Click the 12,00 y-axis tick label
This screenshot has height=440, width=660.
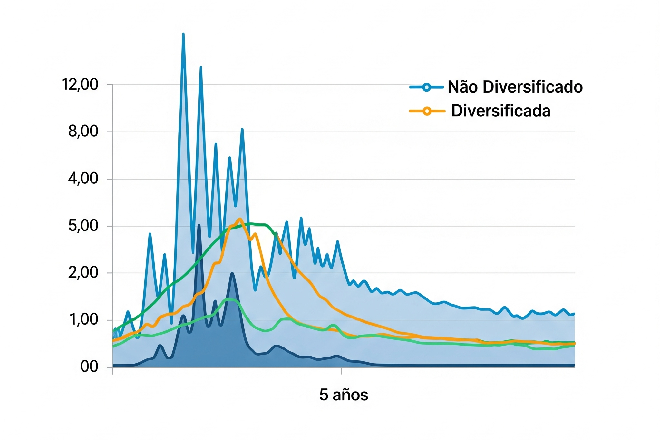pyautogui.click(x=80, y=85)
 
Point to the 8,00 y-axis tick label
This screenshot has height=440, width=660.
pyautogui.click(x=83, y=132)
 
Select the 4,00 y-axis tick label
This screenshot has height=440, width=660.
pyautogui.click(x=83, y=179)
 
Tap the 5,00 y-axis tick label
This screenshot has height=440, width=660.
pyautogui.click(x=83, y=226)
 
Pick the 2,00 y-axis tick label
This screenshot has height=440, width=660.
pyautogui.click(x=83, y=273)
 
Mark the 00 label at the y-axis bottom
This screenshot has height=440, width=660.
pyautogui.click(x=89, y=367)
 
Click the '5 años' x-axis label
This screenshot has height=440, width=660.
pyautogui.click(x=344, y=395)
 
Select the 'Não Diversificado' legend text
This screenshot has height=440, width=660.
pyautogui.click(x=515, y=87)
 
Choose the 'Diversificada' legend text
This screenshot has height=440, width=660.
pyautogui.click(x=500, y=111)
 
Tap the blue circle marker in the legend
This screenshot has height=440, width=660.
pyautogui.click(x=426, y=87)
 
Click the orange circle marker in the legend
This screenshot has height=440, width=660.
pyautogui.click(x=427, y=111)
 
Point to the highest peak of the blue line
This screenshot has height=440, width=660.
pyautogui.click(x=183, y=34)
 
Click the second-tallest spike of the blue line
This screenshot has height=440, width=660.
pyautogui.click(x=201, y=67)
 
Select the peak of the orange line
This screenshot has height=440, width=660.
pyautogui.click(x=239, y=219)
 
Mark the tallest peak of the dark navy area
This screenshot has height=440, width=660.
pyautogui.click(x=199, y=225)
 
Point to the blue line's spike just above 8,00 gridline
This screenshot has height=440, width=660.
pyautogui.click(x=242, y=129)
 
